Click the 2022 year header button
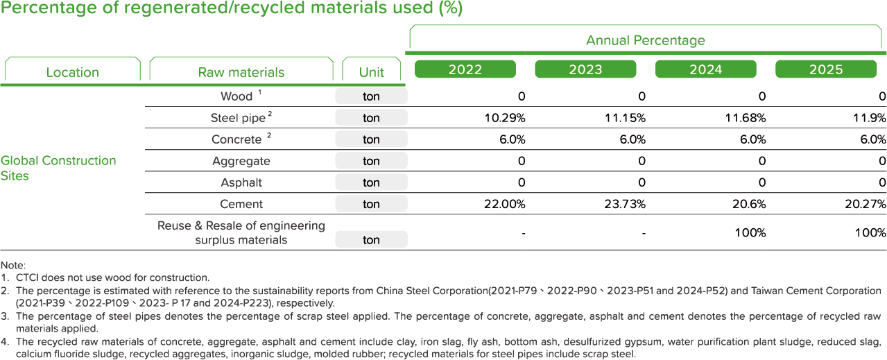coord(465,69)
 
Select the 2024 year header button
coord(705,69)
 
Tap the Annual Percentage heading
coord(646,40)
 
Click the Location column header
coord(72,72)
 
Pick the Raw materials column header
coord(241,72)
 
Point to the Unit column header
coord(372,72)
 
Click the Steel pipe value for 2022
coord(505,118)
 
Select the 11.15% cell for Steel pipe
coord(626,118)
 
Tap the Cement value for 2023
coord(625,204)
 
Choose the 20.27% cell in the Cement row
coord(866,204)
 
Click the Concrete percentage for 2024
coord(752,139)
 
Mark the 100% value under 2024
coord(750,232)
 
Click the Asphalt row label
coord(241,182)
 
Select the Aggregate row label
coord(241,161)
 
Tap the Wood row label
coord(236,96)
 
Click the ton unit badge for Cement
coord(371,204)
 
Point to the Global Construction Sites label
coord(58,168)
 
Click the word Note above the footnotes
coord(13,266)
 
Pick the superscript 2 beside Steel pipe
coord(270,114)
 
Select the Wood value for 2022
coord(522,96)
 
